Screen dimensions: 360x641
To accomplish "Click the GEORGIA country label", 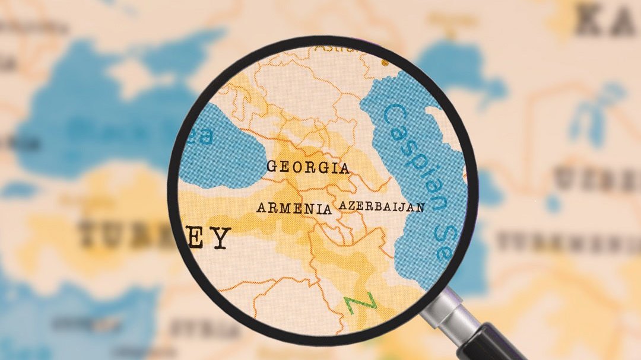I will coord(307,167).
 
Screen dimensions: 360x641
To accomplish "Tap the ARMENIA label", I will coord(294,208).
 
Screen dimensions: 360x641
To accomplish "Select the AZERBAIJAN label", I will coord(382,207).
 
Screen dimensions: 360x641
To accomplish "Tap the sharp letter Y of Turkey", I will coord(220,238).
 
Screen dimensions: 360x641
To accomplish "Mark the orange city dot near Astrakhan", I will coord(385,62).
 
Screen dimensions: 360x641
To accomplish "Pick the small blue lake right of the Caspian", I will coord(553,204).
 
